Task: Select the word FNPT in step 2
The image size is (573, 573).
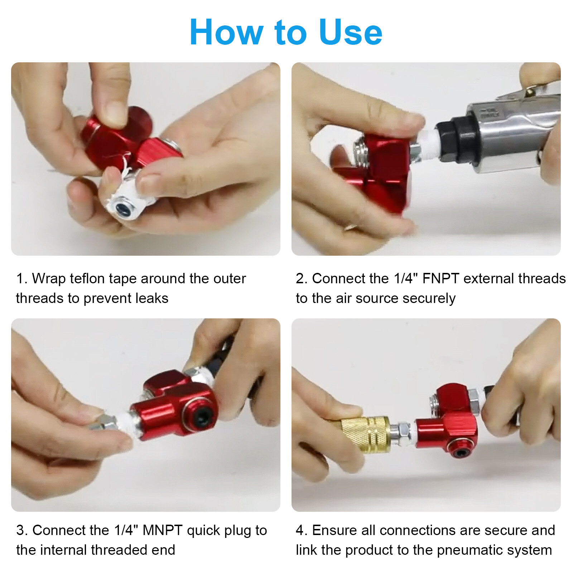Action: coord(440,279)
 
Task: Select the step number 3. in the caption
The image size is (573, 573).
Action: coord(21,530)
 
